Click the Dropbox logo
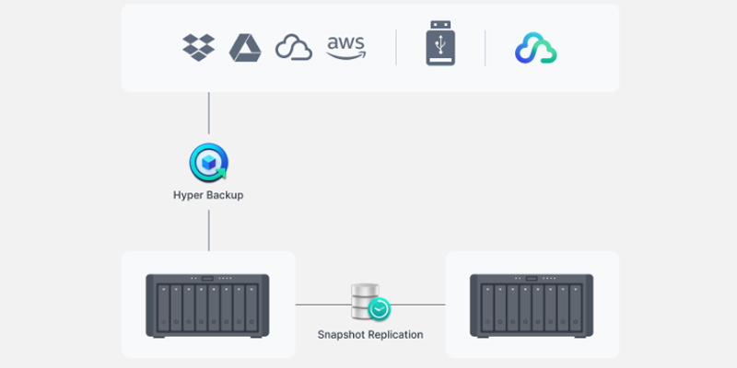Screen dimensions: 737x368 pos(198,48)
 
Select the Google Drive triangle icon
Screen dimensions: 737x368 pos(245,48)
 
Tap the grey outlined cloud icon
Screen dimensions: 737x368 pos(294,48)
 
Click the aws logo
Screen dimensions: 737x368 pos(346,48)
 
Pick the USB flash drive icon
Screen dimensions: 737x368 pos(440,43)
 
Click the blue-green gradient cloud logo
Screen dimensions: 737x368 pos(536,48)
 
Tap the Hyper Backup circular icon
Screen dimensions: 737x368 pos(209,163)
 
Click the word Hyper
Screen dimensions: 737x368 pos(187,195)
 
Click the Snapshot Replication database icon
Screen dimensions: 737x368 pos(370,303)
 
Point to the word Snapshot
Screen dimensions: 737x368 pos(341,335)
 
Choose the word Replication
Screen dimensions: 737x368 pos(395,335)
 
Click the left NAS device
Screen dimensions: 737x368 pos(207,305)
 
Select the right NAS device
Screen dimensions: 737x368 pos(532,305)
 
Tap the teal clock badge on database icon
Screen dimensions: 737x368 pos(379,309)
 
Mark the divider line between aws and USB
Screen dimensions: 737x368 pos(396,48)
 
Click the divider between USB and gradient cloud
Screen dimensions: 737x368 pos(485,48)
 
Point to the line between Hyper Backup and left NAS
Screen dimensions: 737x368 pos(209,230)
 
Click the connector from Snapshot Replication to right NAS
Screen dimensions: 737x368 pos(418,305)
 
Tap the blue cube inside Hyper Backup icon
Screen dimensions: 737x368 pos(208,163)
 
